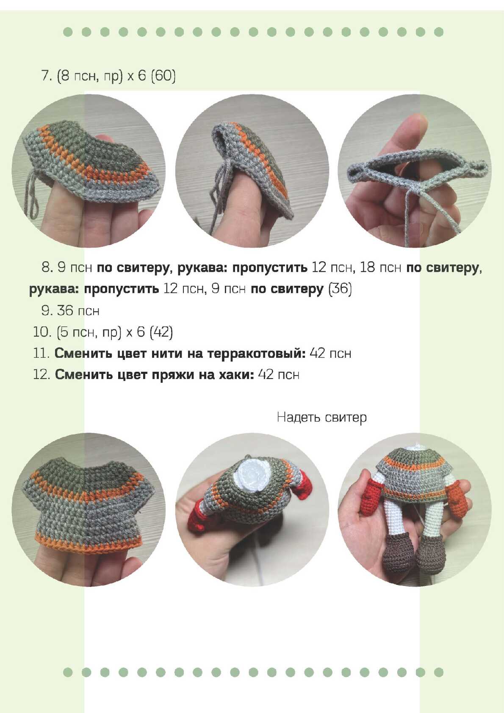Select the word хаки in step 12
[236, 375]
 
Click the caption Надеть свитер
[321, 417]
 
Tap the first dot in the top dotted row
[68, 32]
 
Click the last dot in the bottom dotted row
[439, 672]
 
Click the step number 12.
[42, 375]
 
